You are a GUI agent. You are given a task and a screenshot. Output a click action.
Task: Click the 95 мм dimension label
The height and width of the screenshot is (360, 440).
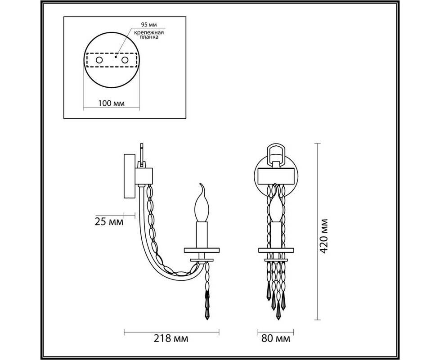coord(149,25)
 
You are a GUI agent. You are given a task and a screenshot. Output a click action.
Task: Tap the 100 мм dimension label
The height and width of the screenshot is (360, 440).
coord(112,103)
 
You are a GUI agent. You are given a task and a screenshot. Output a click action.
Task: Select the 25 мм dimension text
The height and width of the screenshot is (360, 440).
coord(109,222)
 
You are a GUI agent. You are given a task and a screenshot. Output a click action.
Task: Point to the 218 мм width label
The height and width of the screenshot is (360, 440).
coord(171,338)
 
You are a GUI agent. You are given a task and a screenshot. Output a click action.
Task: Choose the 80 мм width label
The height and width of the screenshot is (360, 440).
coord(276,338)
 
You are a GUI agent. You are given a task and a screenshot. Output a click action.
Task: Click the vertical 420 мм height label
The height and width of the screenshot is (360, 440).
coord(324,236)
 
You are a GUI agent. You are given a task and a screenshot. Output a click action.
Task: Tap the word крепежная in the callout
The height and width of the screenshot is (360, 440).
coord(149,32)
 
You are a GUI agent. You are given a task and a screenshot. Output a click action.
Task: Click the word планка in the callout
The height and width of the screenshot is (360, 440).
coord(149,37)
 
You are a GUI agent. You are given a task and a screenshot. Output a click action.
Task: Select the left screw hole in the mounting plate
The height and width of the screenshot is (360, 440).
coord(99,60)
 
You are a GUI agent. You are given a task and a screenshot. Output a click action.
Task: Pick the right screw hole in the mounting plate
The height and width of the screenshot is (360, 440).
coord(125,60)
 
